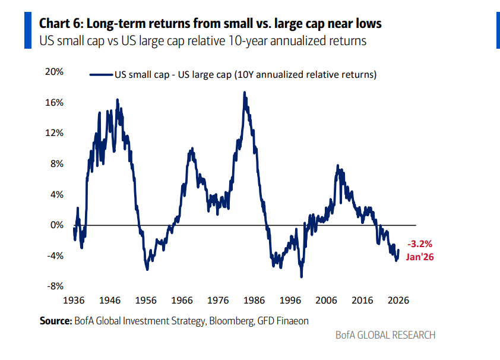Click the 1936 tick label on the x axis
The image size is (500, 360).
pyautogui.click(x=74, y=300)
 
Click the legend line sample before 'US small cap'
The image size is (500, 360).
pyautogui.click(x=101, y=75)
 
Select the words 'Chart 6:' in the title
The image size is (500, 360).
pyautogui.click(x=62, y=24)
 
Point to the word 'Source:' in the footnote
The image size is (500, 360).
pyautogui.click(x=55, y=321)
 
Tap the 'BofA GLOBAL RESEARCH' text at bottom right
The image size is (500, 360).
pyautogui.click(x=385, y=335)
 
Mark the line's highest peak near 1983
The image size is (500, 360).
pyautogui.click(x=244, y=92)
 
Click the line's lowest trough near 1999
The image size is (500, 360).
pyautogui.click(x=302, y=277)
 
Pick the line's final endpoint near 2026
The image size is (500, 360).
pyautogui.click(x=398, y=250)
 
